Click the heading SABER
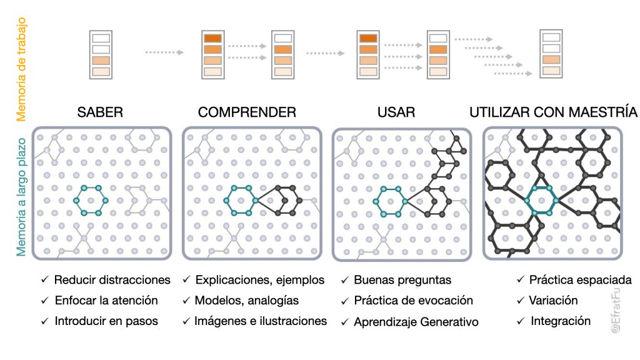pyautogui.click(x=100, y=112)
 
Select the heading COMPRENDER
pyautogui.click(x=247, y=112)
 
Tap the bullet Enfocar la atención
pyautogui.click(x=106, y=300)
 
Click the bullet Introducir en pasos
pyautogui.click(x=106, y=321)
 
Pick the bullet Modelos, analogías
pyautogui.click(x=247, y=300)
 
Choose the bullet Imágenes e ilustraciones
pyautogui.click(x=261, y=321)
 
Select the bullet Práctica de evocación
pyautogui.click(x=413, y=301)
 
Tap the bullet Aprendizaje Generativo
pyautogui.click(x=416, y=322)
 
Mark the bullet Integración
pyautogui.click(x=560, y=321)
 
